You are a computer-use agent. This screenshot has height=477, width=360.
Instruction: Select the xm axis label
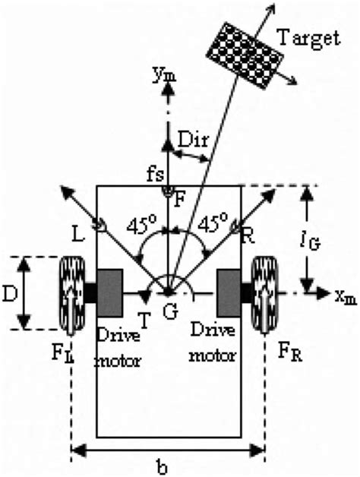(343, 292)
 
